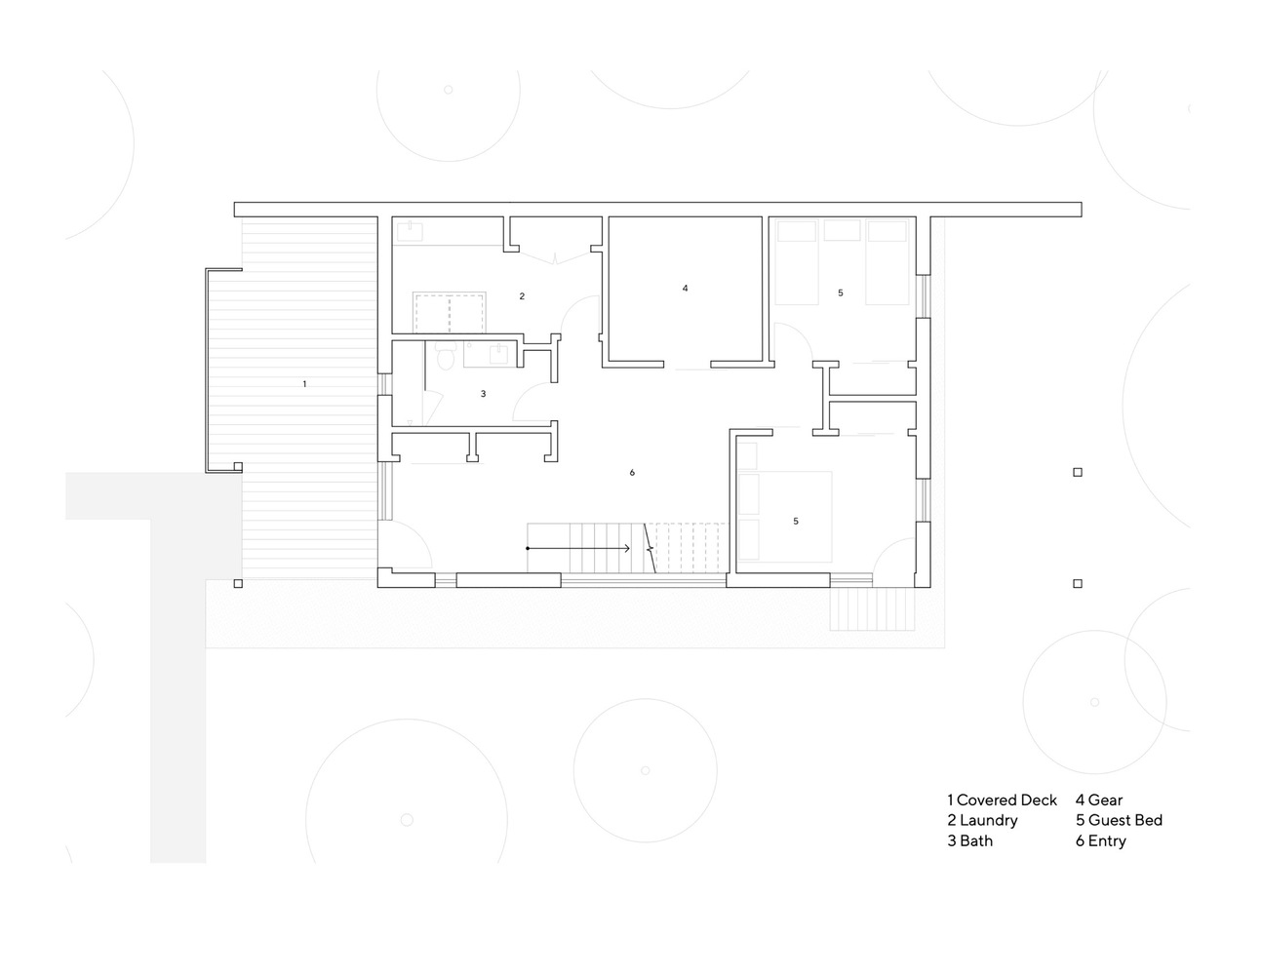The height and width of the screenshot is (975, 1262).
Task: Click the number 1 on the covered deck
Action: [x=304, y=383]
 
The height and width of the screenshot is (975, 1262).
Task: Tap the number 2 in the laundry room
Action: [x=522, y=296]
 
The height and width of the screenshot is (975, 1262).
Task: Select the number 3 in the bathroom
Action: [x=483, y=394]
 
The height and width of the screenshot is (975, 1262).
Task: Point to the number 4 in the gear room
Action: [x=685, y=288]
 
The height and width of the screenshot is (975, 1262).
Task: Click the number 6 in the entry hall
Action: [x=632, y=473]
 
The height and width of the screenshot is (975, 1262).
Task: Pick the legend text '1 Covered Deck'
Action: [x=1002, y=799]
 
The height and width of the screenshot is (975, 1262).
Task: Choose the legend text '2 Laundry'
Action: [x=982, y=820]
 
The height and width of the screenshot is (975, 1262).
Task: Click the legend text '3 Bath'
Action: [x=969, y=840]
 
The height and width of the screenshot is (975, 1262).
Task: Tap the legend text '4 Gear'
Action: [x=1099, y=799]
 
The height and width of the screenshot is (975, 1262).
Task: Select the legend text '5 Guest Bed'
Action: [x=1120, y=820]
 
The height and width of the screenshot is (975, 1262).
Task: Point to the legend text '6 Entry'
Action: [x=1100, y=840]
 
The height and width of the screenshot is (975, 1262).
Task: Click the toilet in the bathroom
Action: [x=446, y=356]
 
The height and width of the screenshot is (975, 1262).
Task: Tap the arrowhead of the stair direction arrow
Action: [x=627, y=548]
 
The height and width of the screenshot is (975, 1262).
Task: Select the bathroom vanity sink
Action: [x=499, y=354]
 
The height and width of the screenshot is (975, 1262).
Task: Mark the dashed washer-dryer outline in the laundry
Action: [x=450, y=313]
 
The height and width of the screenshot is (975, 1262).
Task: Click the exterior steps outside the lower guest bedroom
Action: [x=872, y=608]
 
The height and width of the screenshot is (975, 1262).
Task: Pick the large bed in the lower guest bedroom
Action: [x=785, y=517]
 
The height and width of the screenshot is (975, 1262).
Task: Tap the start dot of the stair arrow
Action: [x=528, y=548]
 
